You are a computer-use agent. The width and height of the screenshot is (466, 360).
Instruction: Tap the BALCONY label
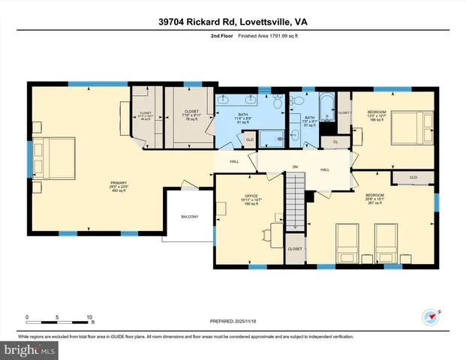click(x=189, y=217)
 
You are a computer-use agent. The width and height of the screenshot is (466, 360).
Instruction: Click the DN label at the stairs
click(x=295, y=166)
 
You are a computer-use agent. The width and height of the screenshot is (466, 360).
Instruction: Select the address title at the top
click(x=233, y=22)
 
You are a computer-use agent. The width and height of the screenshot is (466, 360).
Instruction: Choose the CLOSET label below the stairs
click(x=295, y=249)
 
